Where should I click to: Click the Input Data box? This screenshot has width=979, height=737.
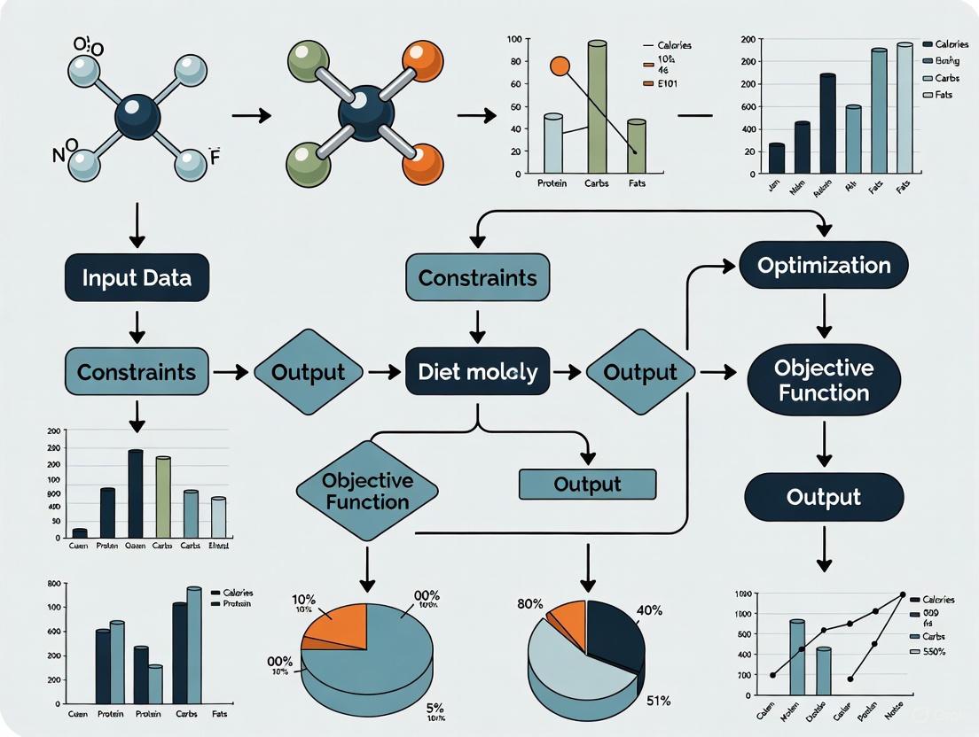coord(137,277)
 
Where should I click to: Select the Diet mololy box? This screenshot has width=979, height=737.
coord(478,372)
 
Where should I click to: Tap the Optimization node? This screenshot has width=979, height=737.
coord(823,265)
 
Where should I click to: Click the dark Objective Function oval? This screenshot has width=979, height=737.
coord(823,380)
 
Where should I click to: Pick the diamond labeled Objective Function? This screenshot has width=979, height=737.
coord(367,491)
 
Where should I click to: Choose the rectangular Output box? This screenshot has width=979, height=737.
coord(587,485)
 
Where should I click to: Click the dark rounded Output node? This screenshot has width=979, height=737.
coord(823,497)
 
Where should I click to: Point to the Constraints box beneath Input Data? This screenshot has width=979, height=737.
coord(137,372)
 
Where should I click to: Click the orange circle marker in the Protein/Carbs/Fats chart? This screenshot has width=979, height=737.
coord(560,66)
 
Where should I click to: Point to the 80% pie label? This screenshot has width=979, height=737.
coord(529,604)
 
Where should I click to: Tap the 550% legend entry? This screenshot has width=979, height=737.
coord(938,652)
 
